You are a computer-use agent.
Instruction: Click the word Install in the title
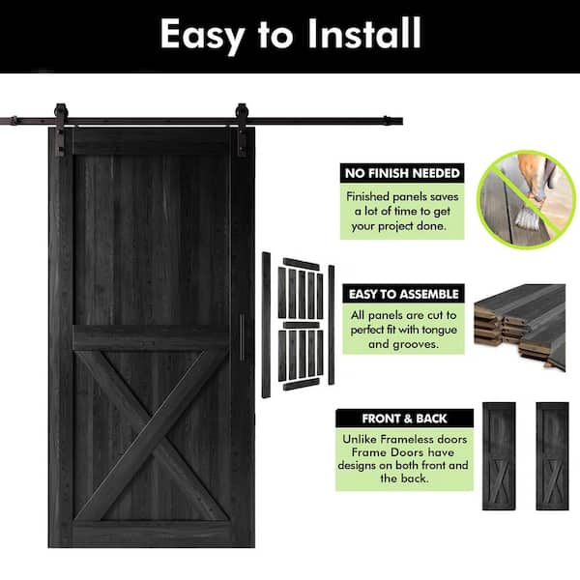[364, 33]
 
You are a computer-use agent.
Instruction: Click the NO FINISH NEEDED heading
[402, 173]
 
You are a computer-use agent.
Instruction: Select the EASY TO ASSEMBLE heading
[403, 294]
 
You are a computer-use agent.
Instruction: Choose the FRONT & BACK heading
[404, 419]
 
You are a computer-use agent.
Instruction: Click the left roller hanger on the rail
[61, 130]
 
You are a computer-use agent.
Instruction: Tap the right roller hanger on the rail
[242, 130]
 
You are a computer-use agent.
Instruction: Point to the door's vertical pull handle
[243, 336]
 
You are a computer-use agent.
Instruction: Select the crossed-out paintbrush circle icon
[526, 199]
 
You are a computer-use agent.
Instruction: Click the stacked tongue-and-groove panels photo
[520, 327]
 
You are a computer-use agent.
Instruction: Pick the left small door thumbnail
[499, 456]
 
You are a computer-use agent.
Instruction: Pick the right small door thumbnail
[552, 456]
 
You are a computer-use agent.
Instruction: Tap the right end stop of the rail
[387, 121]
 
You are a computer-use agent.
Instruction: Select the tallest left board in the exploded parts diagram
[266, 325]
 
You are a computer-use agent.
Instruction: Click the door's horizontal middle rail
[152, 337]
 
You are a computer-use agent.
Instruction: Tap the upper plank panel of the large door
[152, 241]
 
